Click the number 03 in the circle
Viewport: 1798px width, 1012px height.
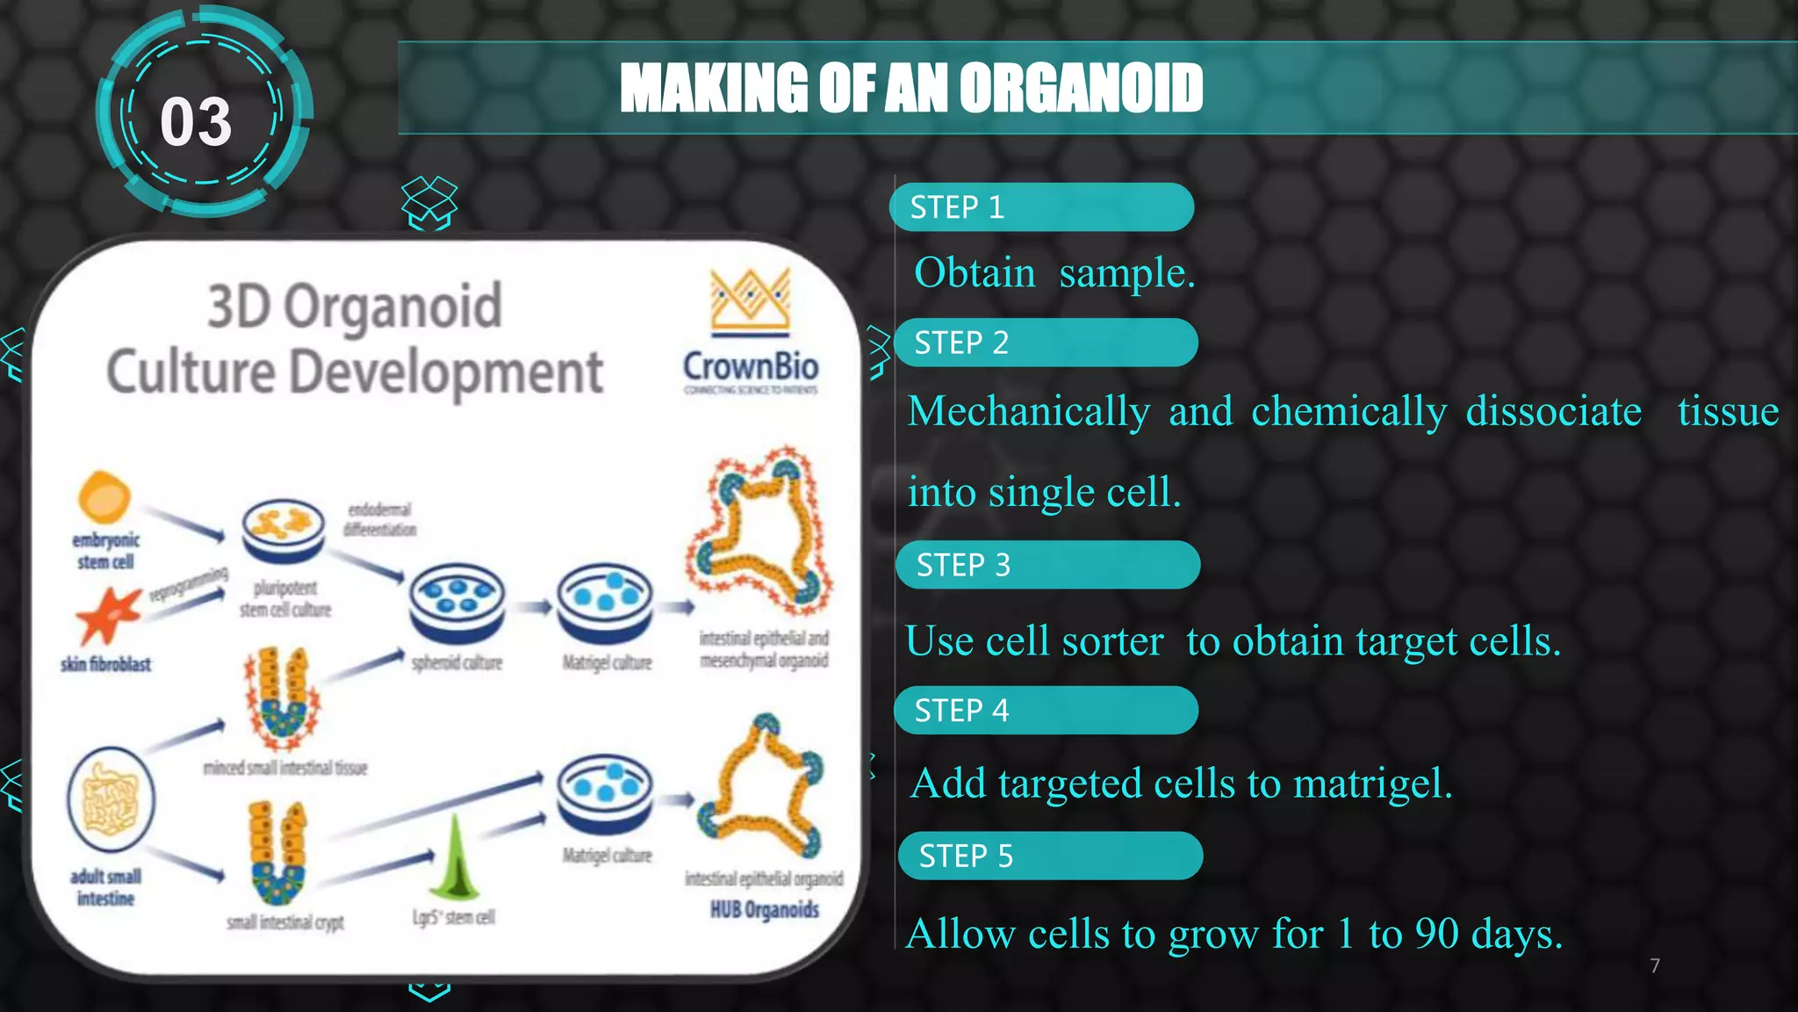(196, 122)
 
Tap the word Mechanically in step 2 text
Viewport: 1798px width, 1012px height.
(1028, 411)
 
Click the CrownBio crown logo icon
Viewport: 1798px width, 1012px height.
(751, 300)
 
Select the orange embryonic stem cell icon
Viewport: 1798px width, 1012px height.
(104, 497)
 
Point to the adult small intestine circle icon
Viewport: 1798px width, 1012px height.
(111, 800)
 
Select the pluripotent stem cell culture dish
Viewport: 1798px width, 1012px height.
(283, 530)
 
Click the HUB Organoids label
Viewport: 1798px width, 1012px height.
(764, 910)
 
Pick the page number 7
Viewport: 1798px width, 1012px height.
(1654, 966)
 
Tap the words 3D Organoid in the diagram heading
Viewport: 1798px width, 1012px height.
(355, 307)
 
